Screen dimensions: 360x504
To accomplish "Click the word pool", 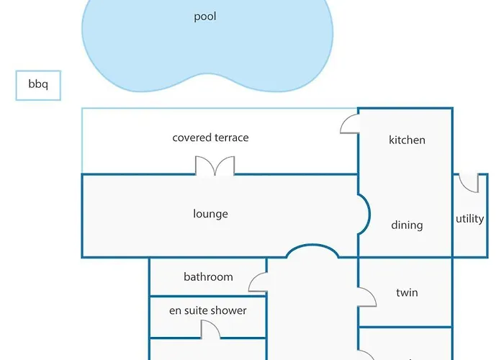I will pyautogui.click(x=205, y=17).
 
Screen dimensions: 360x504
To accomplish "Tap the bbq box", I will pyautogui.click(x=38, y=85).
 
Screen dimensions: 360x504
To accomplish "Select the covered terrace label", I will pyautogui.click(x=210, y=138).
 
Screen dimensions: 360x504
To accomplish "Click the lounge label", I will pyautogui.click(x=210, y=214).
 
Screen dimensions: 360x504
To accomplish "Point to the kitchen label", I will pyautogui.click(x=407, y=140).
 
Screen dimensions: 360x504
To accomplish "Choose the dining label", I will pyautogui.click(x=407, y=225).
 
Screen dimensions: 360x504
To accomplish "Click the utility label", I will pyautogui.click(x=469, y=219).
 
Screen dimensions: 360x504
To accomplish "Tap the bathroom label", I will pyautogui.click(x=208, y=276).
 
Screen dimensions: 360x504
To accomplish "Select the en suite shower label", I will pyautogui.click(x=207, y=311).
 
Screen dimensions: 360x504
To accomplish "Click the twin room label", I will pyautogui.click(x=407, y=293).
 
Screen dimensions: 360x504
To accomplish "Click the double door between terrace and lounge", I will pyautogui.click(x=215, y=166).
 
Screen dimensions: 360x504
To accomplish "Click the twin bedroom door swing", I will pyautogui.click(x=367, y=297).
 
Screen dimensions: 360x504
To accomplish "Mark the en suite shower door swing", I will pyautogui.click(x=210, y=329).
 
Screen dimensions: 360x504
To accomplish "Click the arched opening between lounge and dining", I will pyautogui.click(x=364, y=215).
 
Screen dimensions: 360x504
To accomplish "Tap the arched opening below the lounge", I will pyautogui.click(x=312, y=251).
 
